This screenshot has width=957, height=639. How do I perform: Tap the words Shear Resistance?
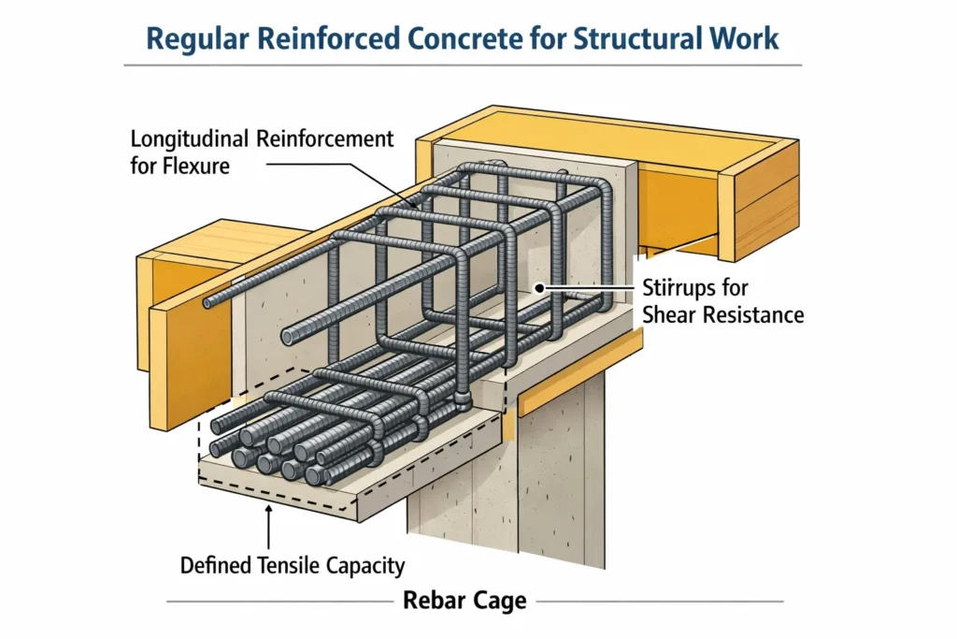722,313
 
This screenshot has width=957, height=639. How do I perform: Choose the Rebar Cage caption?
464,600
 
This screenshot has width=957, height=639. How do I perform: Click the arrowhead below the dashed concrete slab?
268,509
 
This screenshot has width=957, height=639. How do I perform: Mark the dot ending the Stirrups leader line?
539,290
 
